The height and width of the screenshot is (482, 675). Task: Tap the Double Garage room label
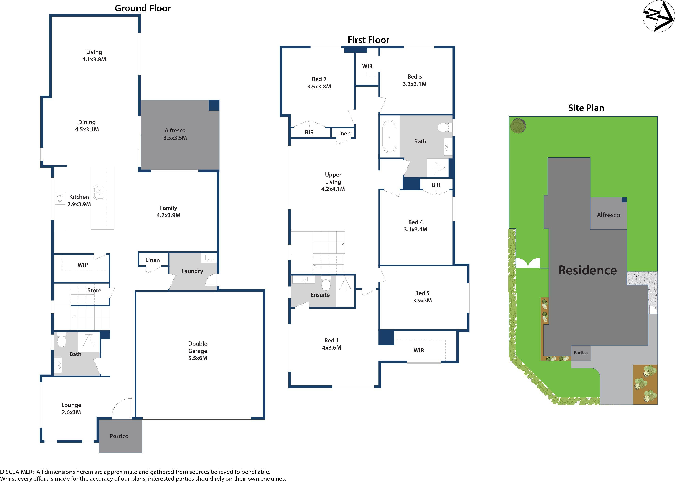pyautogui.click(x=197, y=351)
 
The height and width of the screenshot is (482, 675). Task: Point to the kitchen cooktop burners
pyautogui.click(x=60, y=199)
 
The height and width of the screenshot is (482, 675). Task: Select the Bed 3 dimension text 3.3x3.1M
pyautogui.click(x=414, y=84)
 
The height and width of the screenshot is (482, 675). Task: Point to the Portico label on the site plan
pyautogui.click(x=581, y=353)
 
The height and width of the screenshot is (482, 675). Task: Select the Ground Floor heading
pyautogui.click(x=142, y=8)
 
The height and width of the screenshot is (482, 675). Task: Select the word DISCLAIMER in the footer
pyautogui.click(x=17, y=472)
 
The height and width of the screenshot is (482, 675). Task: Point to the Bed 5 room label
pyautogui.click(x=422, y=293)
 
